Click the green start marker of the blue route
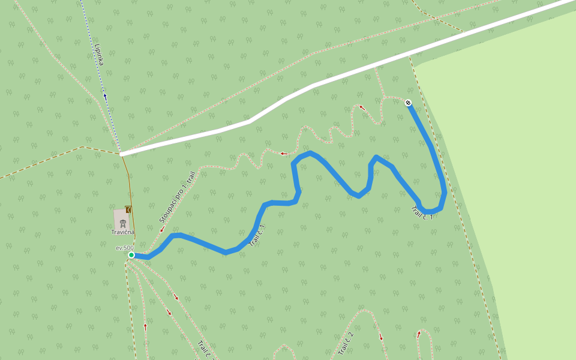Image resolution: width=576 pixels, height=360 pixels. [131, 255]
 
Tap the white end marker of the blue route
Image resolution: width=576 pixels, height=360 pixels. [408, 103]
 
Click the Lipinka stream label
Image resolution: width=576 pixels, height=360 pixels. [100, 55]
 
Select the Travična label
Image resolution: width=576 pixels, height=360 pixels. [122, 232]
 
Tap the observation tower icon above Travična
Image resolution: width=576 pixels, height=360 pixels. [122, 223]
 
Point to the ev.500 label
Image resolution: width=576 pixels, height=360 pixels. [124, 248]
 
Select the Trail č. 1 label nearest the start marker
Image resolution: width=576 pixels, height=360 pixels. [257, 235]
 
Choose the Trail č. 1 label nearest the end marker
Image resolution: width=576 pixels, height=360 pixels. [422, 212]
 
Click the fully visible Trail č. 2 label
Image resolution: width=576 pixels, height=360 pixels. [345, 343]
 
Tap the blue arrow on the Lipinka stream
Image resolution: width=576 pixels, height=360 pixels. [105, 95]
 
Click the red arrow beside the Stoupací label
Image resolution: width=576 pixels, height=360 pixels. [162, 229]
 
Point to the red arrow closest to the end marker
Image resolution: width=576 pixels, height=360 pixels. [362, 107]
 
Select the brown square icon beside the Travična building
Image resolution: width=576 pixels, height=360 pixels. [128, 209]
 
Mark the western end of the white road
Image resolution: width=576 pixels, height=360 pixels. [122, 154]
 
